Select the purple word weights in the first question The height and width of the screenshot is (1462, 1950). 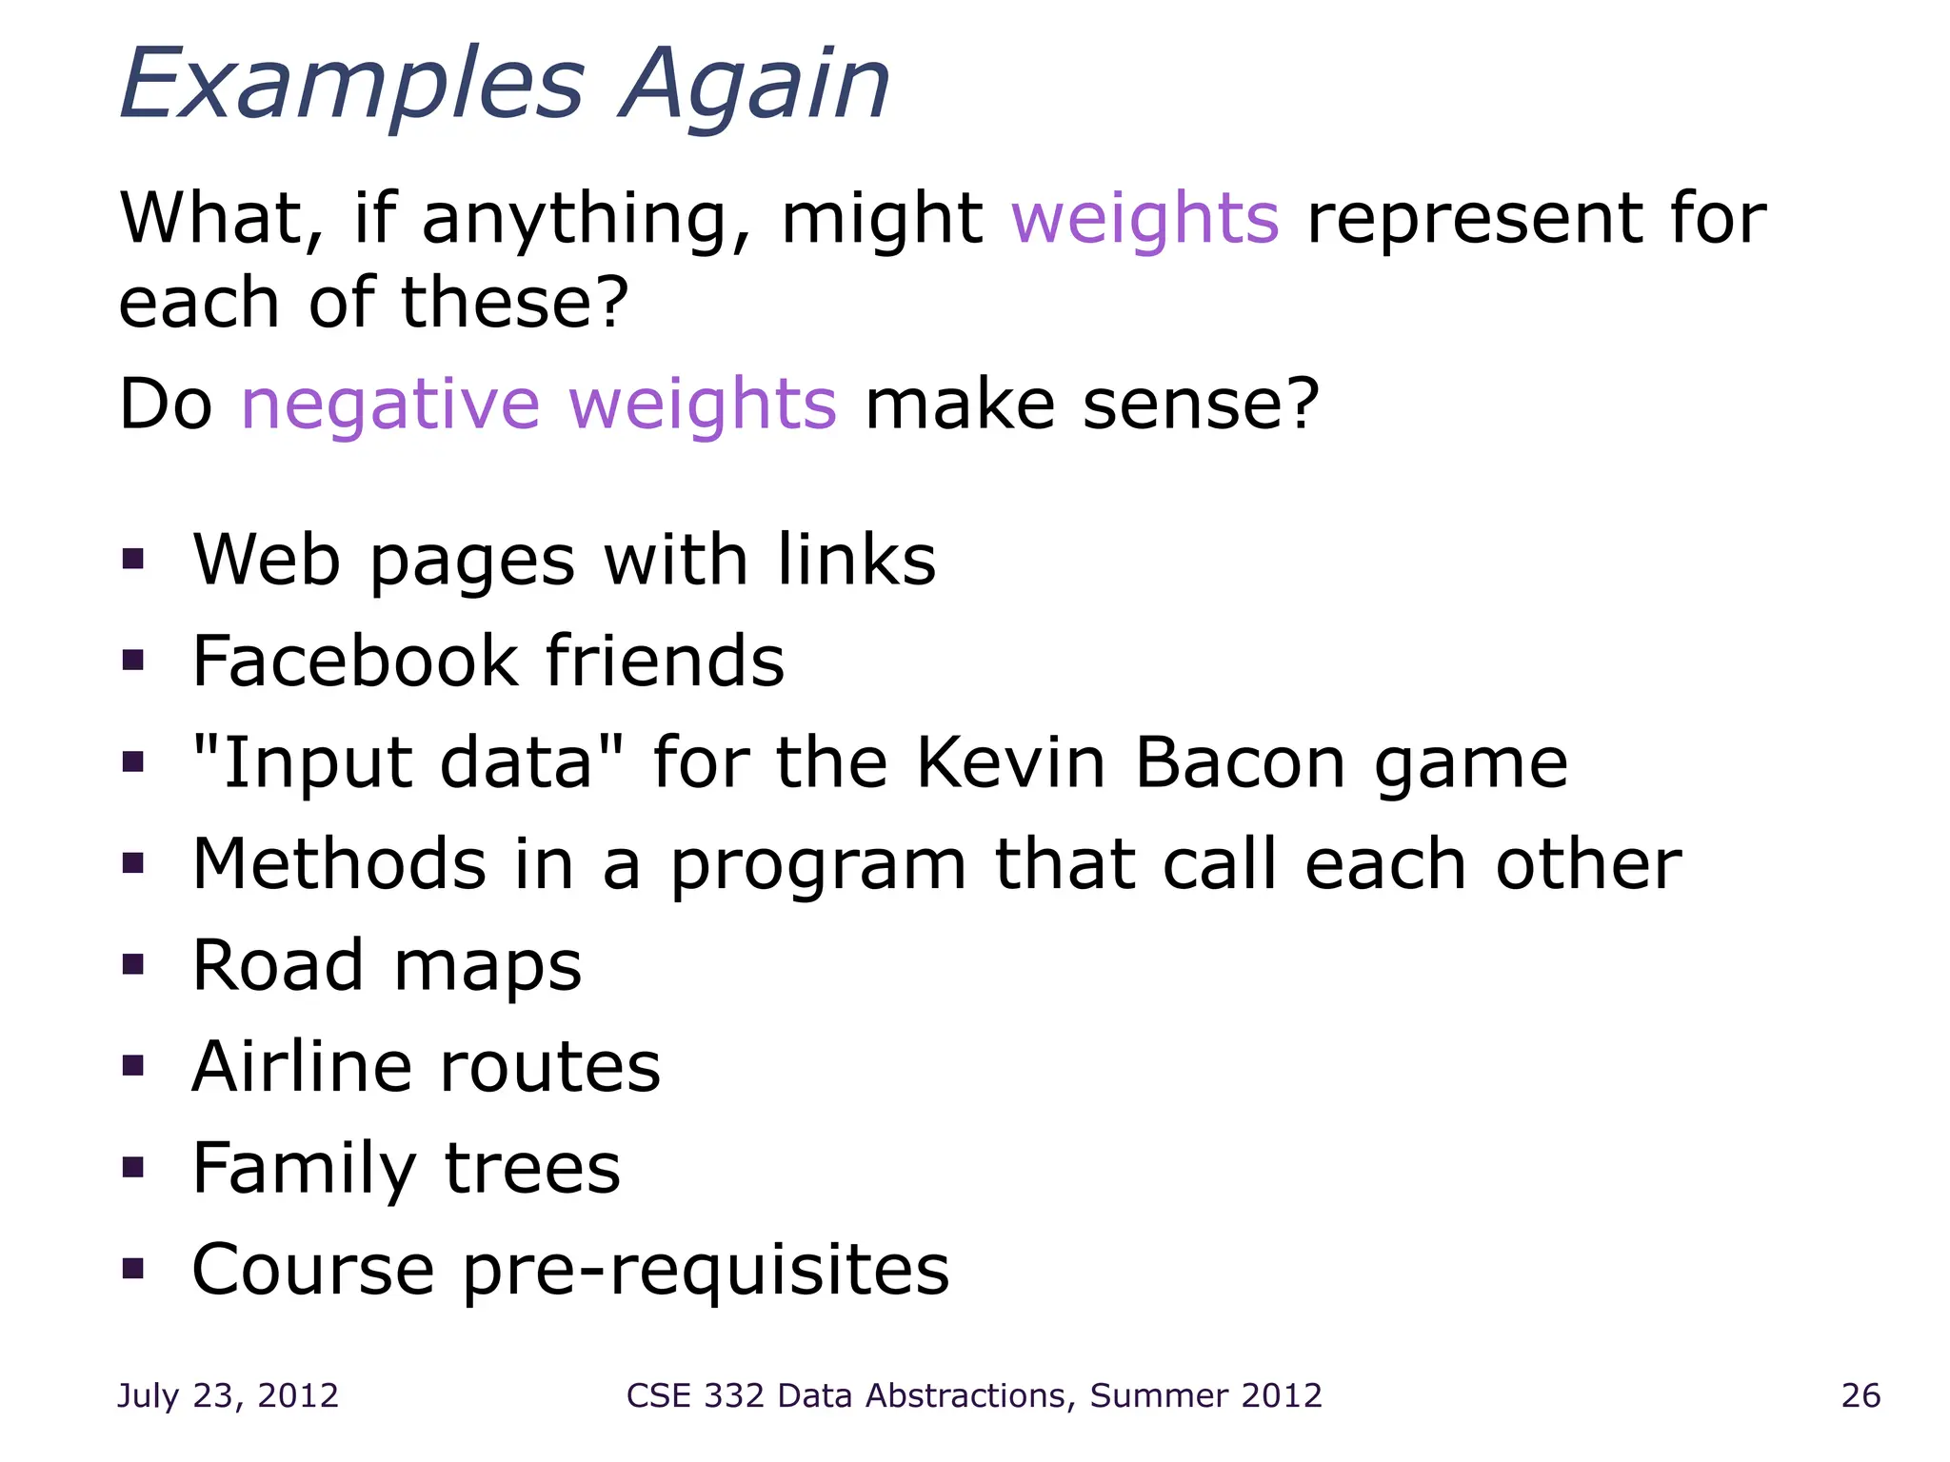pyautogui.click(x=1144, y=219)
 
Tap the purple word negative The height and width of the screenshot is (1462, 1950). pyautogui.click(x=390, y=405)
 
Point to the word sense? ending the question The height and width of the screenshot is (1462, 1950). pyautogui.click(x=1201, y=405)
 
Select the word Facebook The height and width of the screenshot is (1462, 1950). pyautogui.click(x=354, y=661)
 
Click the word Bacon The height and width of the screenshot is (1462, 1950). pyautogui.click(x=1241, y=762)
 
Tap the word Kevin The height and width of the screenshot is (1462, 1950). pyautogui.click(x=1011, y=762)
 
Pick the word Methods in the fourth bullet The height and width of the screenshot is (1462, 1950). pyautogui.click(x=339, y=864)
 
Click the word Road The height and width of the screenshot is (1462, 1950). pyautogui.click(x=278, y=965)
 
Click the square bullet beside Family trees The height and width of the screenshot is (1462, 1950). pyautogui.click(x=133, y=1167)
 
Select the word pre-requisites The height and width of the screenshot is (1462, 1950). pyautogui.click(x=706, y=1271)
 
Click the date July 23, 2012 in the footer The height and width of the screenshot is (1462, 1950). pyautogui.click(x=228, y=1395)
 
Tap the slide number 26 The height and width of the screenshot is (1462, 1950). pyautogui.click(x=1860, y=1395)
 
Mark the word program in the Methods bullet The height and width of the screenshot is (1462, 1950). pyautogui.click(x=818, y=866)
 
